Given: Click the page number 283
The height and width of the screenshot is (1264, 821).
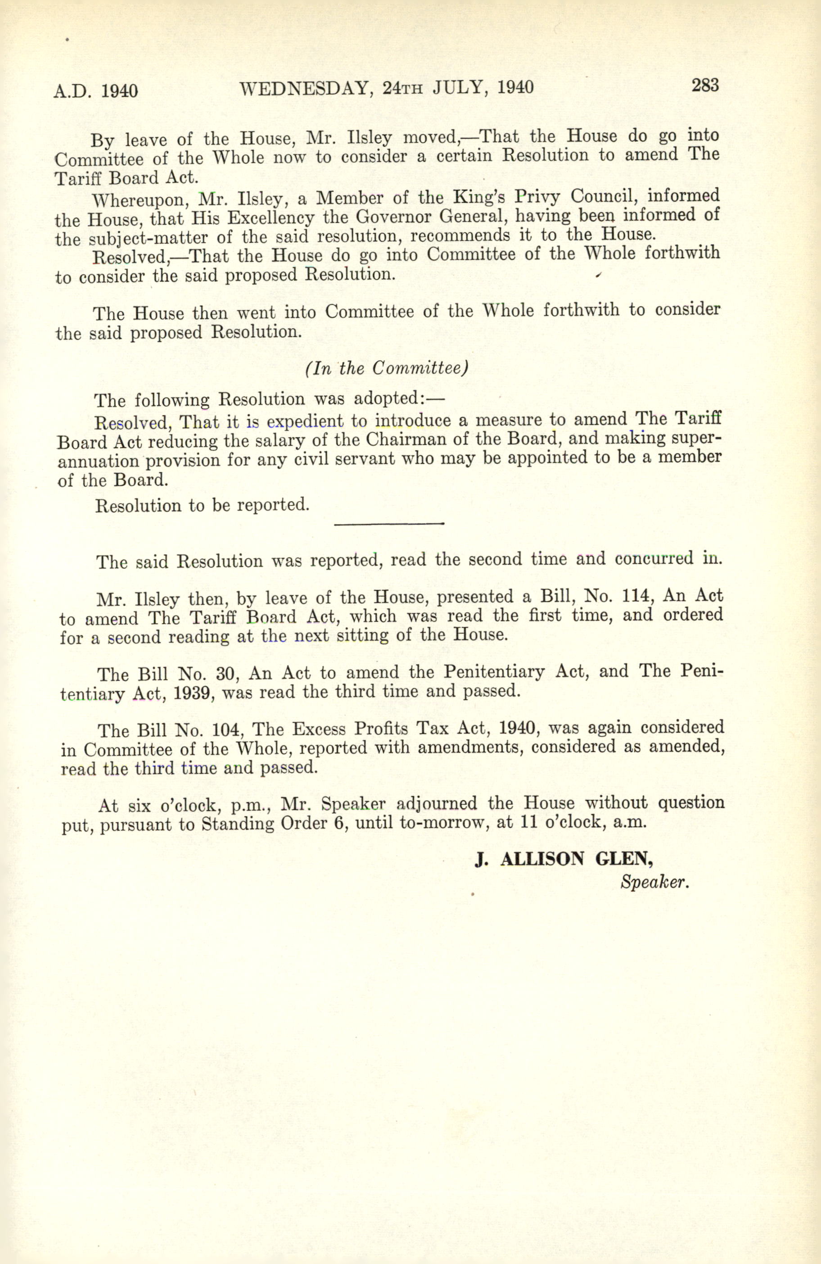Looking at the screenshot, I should click(x=704, y=85).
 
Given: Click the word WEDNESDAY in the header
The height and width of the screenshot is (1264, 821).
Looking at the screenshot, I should click(x=303, y=88).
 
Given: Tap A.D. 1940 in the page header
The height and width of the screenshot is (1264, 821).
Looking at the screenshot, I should click(x=95, y=91).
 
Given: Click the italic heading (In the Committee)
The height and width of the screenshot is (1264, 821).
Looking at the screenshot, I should click(x=386, y=368).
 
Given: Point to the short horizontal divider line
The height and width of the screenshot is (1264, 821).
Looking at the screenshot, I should click(x=388, y=524).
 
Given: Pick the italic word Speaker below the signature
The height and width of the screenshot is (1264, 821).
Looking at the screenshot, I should click(x=654, y=883).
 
